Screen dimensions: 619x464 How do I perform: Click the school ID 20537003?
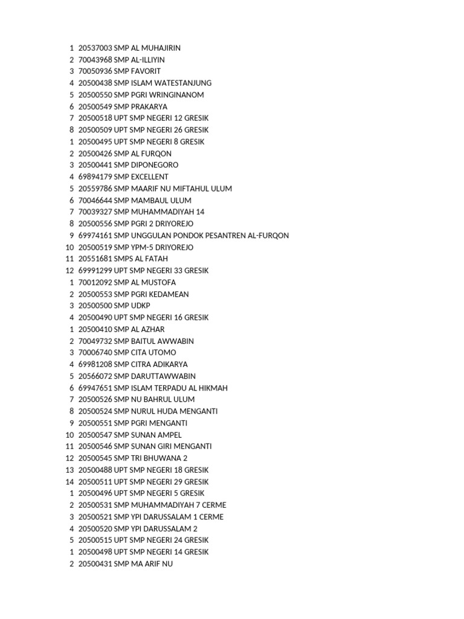[95, 48]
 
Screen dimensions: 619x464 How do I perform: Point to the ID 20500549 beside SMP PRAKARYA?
[95, 106]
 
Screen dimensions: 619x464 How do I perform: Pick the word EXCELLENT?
[150, 177]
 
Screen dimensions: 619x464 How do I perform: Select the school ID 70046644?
[95, 201]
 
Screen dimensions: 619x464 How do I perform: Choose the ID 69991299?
[95, 271]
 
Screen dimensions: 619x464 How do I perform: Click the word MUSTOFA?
[159, 282]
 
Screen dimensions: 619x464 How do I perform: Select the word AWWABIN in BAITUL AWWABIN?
[175, 341]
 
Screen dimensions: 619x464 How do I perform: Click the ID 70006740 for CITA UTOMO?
[95, 353]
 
